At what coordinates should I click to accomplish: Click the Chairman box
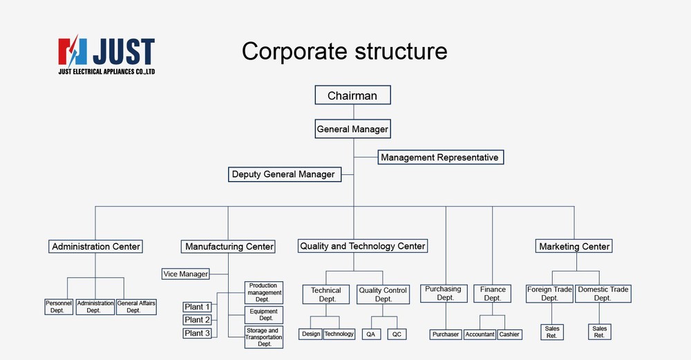tap(352, 95)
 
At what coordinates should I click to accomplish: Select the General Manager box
tap(352, 129)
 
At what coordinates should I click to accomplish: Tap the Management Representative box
tap(439, 158)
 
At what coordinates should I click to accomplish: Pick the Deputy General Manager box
tap(283, 174)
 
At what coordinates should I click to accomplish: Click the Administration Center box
tap(96, 246)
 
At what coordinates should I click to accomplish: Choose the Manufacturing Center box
tap(229, 246)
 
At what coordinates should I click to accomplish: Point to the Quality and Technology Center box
tap(363, 245)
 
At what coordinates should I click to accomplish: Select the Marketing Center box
tap(574, 246)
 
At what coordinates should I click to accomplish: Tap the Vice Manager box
tap(186, 274)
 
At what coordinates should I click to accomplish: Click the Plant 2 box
tap(198, 320)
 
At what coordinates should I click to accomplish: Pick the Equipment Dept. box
tap(264, 315)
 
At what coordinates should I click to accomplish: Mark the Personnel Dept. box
tap(59, 307)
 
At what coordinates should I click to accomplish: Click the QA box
tap(371, 334)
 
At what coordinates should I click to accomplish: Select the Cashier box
tap(510, 334)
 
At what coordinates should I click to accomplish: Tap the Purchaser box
tap(446, 334)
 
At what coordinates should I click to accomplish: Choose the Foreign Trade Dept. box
tap(550, 294)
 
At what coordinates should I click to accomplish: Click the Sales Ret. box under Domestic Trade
tap(600, 332)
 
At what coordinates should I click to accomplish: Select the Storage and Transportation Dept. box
tap(264, 337)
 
